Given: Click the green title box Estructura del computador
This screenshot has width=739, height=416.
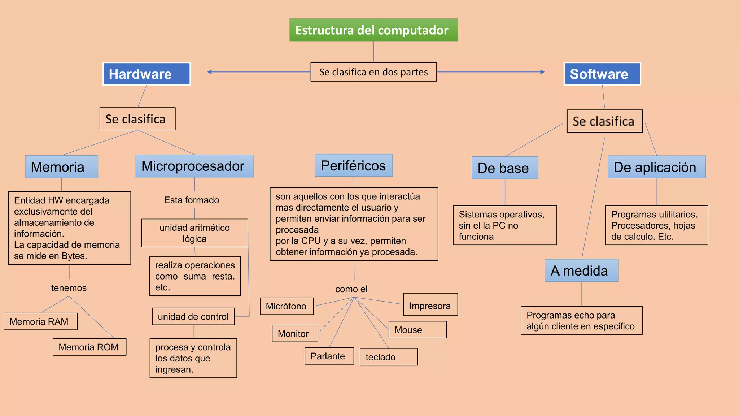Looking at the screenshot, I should tap(373, 30).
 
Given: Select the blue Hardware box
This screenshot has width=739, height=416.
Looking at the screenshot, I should tap(147, 74).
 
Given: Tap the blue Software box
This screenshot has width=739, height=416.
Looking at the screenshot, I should tap(602, 74).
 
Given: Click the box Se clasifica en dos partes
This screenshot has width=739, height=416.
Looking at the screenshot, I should tap(373, 72).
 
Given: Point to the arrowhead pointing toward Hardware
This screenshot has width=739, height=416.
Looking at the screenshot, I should tap(210, 72).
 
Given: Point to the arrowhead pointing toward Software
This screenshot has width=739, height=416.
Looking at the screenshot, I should tap(542, 72).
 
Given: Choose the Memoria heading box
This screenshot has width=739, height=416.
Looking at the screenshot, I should tap(61, 167).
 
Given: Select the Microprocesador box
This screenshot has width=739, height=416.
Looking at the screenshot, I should tap(194, 166).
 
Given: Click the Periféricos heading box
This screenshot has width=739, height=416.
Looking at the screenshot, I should tap(353, 165).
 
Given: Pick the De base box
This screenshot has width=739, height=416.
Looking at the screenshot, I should tap(505, 168).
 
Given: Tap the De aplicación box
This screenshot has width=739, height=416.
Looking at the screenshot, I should tap(656, 167).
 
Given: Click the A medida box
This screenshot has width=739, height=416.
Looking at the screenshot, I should tap(581, 270).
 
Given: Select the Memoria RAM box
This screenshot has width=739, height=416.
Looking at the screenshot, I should tap(40, 321).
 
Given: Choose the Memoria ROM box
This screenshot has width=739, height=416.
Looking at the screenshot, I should tap(89, 347).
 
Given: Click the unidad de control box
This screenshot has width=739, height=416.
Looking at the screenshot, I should tap(193, 316).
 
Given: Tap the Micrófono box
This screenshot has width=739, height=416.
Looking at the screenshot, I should tap(287, 306).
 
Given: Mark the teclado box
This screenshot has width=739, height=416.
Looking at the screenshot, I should tap(389, 357).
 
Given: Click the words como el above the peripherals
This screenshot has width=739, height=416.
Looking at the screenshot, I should tap(351, 289).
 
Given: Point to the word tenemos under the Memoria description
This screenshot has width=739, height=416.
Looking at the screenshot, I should tap(69, 288).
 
